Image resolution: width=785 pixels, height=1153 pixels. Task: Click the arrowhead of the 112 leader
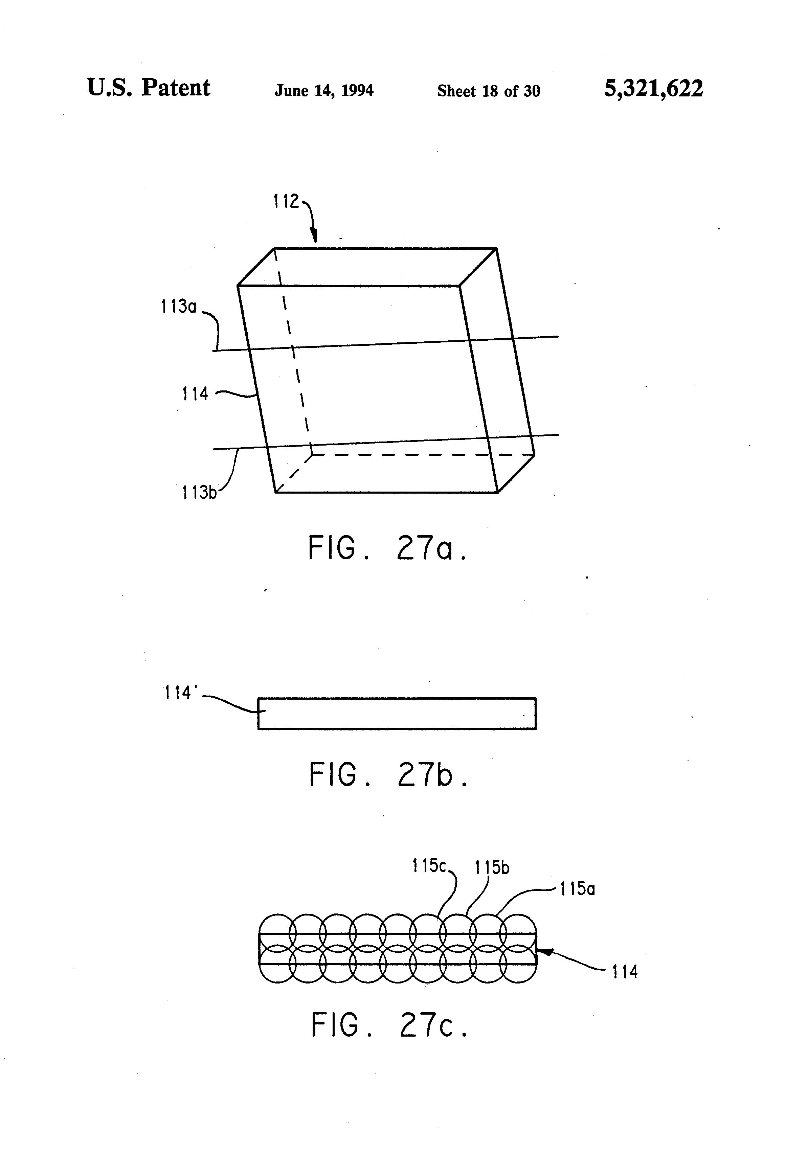pyautogui.click(x=314, y=237)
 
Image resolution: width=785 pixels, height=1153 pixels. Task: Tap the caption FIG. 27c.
pyautogui.click(x=389, y=1025)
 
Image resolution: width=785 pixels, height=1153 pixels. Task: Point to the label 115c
pyautogui.click(x=429, y=866)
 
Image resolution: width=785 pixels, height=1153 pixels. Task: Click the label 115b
pyautogui.click(x=492, y=868)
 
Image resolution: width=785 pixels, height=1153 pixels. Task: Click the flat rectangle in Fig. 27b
pyautogui.click(x=397, y=714)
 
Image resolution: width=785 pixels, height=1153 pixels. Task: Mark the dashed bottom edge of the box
pyautogui.click(x=422, y=454)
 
